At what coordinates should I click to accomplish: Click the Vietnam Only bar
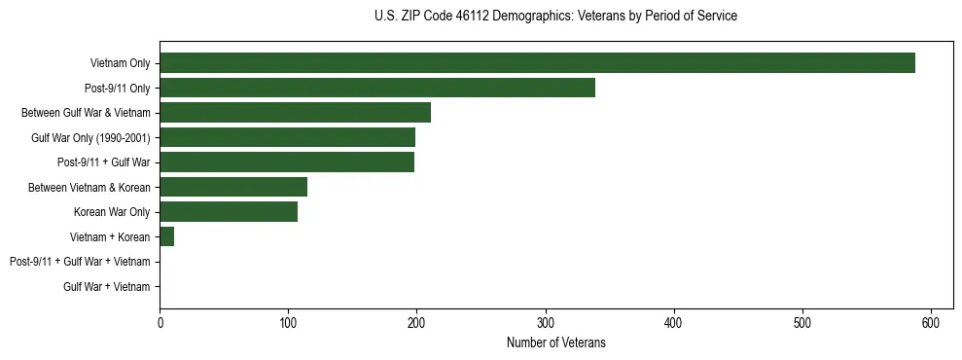(x=537, y=63)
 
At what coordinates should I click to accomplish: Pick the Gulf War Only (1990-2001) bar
(x=287, y=137)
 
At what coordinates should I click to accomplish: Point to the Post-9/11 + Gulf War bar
(x=287, y=162)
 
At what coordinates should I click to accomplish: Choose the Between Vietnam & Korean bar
(x=233, y=187)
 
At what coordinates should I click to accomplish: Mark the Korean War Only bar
(x=229, y=212)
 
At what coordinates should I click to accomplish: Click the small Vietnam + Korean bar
(x=166, y=236)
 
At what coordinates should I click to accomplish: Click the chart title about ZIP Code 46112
(x=555, y=17)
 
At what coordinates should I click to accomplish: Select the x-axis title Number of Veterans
(x=555, y=342)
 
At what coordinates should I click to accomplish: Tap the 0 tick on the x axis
(x=160, y=322)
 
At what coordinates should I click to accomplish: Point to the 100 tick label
(x=288, y=322)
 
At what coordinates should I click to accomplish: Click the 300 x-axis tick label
(x=546, y=322)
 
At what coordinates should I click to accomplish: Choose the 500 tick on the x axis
(x=802, y=322)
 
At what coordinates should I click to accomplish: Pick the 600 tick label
(x=931, y=322)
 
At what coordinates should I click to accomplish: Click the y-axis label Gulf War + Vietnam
(x=106, y=286)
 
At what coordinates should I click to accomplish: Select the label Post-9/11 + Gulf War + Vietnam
(x=80, y=262)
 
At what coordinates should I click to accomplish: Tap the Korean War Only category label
(x=111, y=212)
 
